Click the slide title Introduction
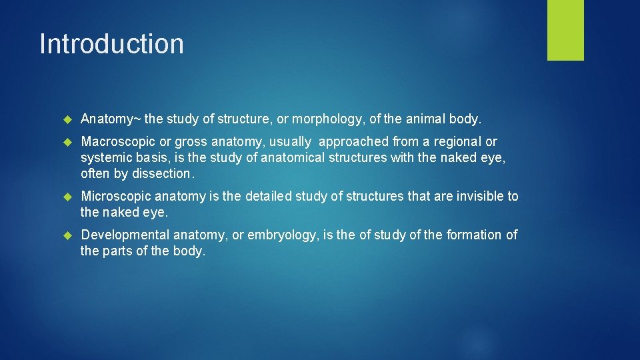pyautogui.click(x=111, y=44)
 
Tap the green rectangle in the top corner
pyautogui.click(x=565, y=30)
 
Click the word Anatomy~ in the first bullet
pyautogui.click(x=111, y=119)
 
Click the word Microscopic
pyautogui.click(x=117, y=197)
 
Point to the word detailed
pyautogui.click(x=270, y=197)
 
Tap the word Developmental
pyautogui.click(x=125, y=235)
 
